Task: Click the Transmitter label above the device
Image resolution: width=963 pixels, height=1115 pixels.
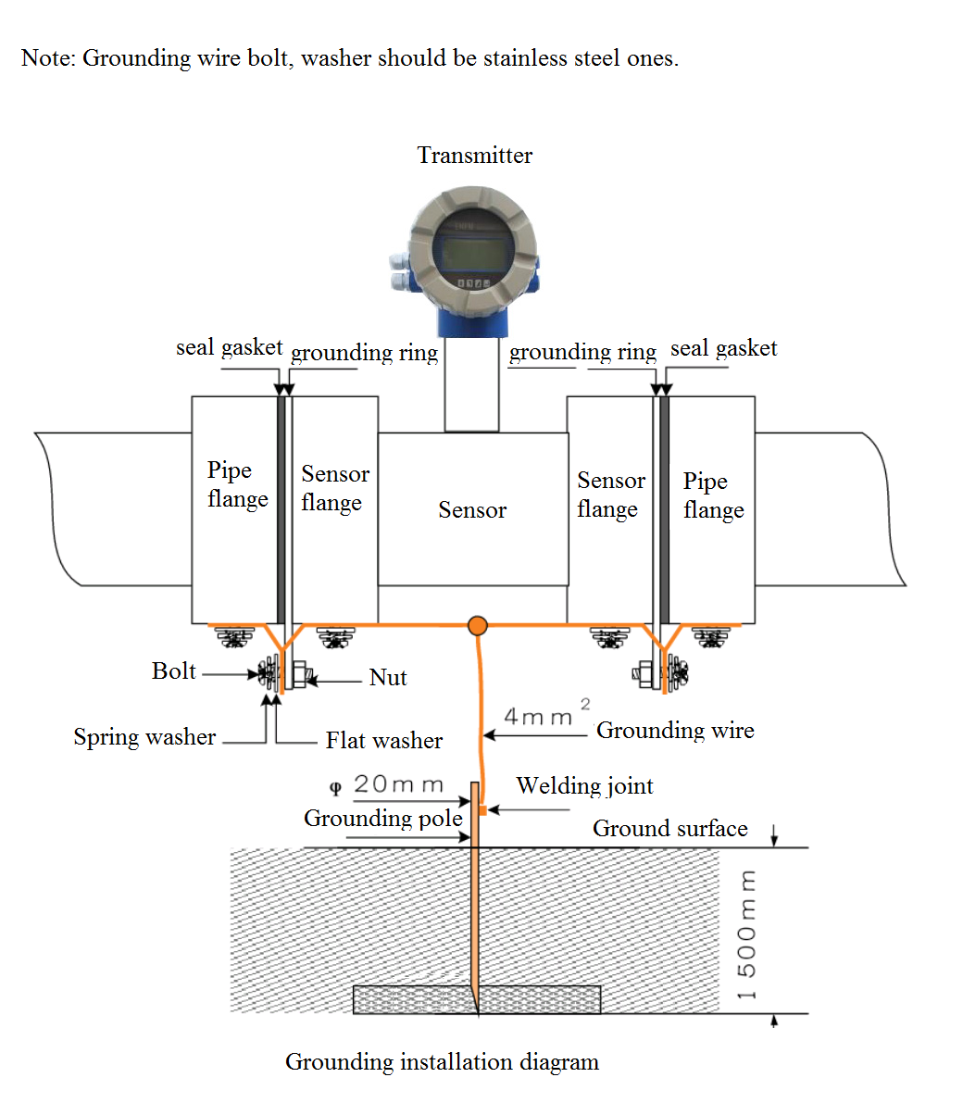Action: click(x=474, y=156)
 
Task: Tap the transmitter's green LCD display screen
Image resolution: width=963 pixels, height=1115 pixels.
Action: click(x=473, y=253)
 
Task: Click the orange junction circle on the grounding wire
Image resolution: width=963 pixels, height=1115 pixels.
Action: click(x=478, y=626)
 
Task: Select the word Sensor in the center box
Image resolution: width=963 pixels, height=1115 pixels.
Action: click(x=472, y=509)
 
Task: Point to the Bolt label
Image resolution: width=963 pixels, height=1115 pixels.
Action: click(x=174, y=671)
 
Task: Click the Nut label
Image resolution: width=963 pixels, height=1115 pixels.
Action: click(x=388, y=678)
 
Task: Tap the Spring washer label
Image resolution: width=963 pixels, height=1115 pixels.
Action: click(x=144, y=737)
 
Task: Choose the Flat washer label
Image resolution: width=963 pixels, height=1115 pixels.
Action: click(x=384, y=741)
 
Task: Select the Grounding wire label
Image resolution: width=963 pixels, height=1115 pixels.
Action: click(x=675, y=731)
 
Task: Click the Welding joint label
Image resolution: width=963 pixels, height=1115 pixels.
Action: click(x=585, y=786)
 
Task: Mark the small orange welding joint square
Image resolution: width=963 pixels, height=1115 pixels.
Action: click(x=482, y=810)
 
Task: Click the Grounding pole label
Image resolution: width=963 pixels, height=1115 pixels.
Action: click(x=383, y=819)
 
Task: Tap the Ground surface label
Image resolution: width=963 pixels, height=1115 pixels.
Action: click(x=670, y=829)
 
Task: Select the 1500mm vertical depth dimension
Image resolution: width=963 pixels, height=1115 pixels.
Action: click(x=746, y=934)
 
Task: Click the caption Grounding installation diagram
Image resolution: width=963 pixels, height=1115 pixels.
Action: click(x=442, y=1061)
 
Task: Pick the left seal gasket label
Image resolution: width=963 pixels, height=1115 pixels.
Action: click(x=230, y=348)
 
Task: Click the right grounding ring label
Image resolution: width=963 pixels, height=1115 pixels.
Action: click(x=582, y=352)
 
